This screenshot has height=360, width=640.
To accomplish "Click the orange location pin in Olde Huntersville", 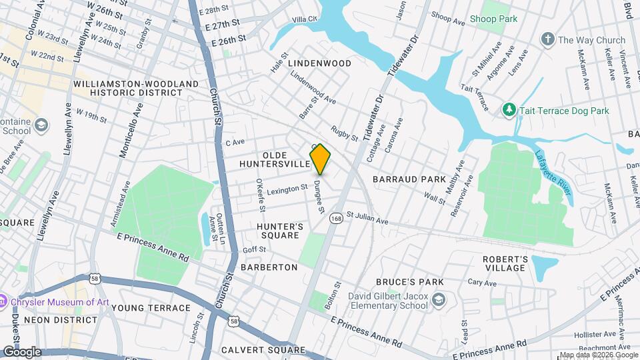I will pos(320,159).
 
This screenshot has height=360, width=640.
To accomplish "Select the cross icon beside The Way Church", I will pos(548,39).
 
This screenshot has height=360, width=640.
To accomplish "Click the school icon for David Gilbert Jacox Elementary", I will pos(438,300).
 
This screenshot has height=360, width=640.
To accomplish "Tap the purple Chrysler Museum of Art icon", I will pos(5,302).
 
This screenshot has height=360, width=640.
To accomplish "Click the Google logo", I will pos(21,351).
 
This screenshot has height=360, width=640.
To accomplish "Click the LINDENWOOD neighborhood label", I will pos(319,63).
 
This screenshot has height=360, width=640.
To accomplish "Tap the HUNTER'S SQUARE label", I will pos(281,231).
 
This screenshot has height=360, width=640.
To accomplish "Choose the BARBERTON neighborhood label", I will pos(269,267).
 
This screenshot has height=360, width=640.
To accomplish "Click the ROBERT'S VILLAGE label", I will pos(505,263).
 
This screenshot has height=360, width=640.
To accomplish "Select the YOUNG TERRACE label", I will pos(151,308).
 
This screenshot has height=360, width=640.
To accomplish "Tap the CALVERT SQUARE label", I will pos(263,350).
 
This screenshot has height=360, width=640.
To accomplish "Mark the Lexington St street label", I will pos(287,190).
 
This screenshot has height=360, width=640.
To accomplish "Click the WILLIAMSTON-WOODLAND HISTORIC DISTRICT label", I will pos(136,88).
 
